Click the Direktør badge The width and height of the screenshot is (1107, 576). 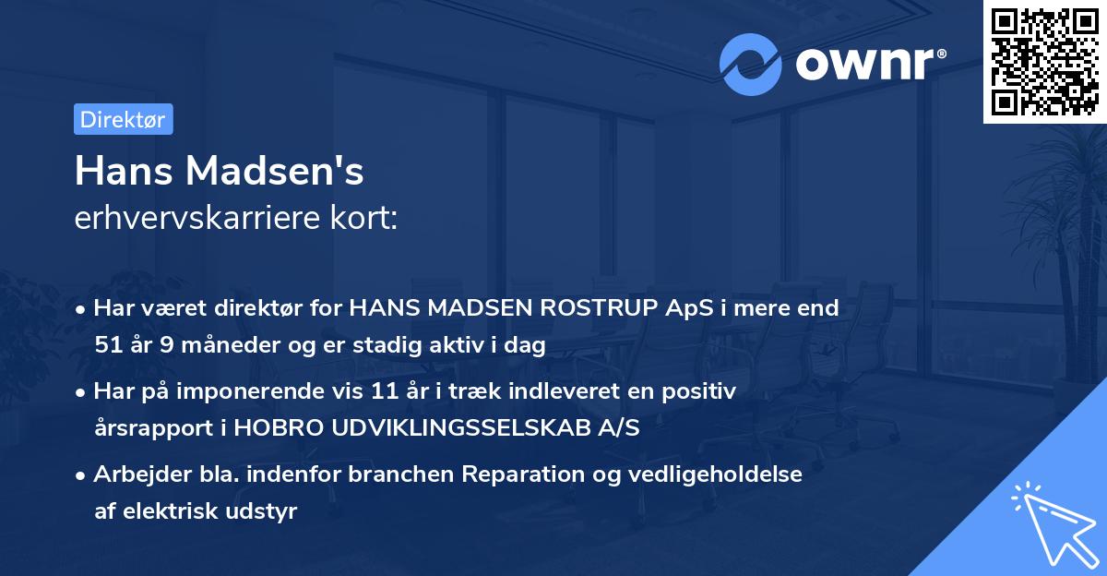pos(123,119)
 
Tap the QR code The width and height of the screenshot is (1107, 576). pos(1043,61)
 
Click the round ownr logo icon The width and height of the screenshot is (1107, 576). pos(751,64)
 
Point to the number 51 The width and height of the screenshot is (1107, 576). pos(108,345)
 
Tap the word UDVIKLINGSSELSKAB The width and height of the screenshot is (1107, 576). pos(452,428)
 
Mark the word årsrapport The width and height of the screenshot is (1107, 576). pos(153,428)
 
